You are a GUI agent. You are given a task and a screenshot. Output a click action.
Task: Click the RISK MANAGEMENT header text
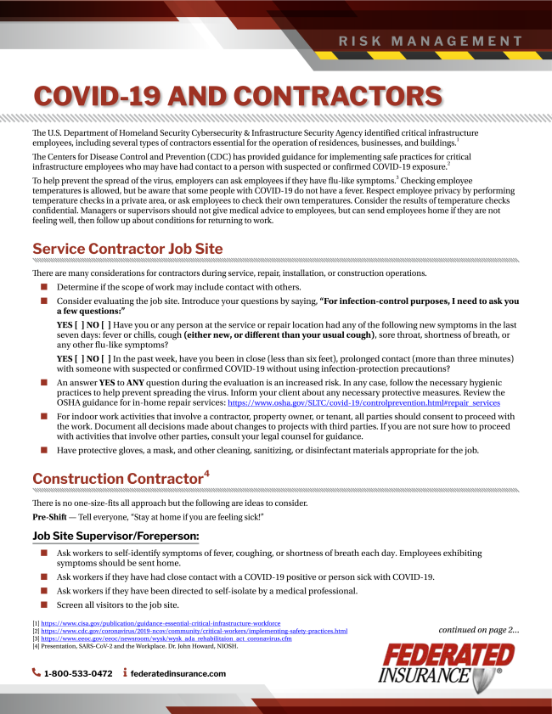tap(431, 41)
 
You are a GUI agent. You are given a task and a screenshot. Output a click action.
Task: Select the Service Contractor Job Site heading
tap(127, 249)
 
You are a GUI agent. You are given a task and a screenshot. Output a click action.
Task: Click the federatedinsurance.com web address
tap(178, 673)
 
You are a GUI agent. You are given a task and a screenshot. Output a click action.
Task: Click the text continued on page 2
tap(478, 630)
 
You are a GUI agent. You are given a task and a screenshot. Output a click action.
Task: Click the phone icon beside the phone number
tap(37, 673)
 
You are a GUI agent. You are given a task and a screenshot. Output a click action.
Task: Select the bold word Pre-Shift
tap(51, 517)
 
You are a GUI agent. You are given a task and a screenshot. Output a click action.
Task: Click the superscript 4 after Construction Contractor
tap(207, 474)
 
